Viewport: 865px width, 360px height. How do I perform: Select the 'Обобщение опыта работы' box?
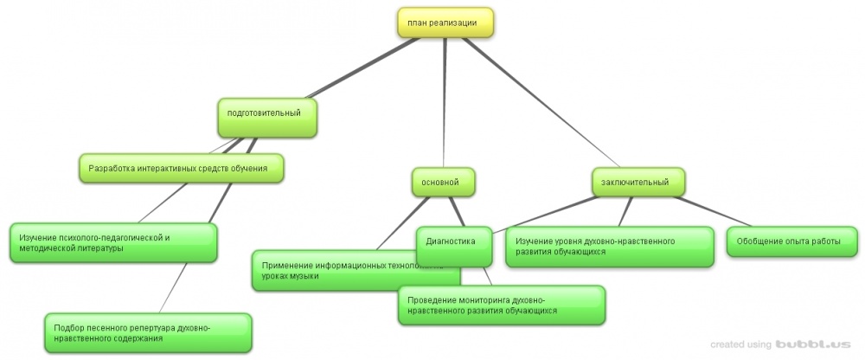click(791, 241)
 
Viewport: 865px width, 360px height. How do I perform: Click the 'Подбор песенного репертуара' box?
click(147, 333)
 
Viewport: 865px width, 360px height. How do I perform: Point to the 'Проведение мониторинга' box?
click(501, 304)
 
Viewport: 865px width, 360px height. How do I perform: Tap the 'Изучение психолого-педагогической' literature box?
click(112, 242)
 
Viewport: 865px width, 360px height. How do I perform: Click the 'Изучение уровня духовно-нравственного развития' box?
click(608, 246)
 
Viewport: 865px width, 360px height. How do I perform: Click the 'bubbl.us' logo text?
click(805, 344)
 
